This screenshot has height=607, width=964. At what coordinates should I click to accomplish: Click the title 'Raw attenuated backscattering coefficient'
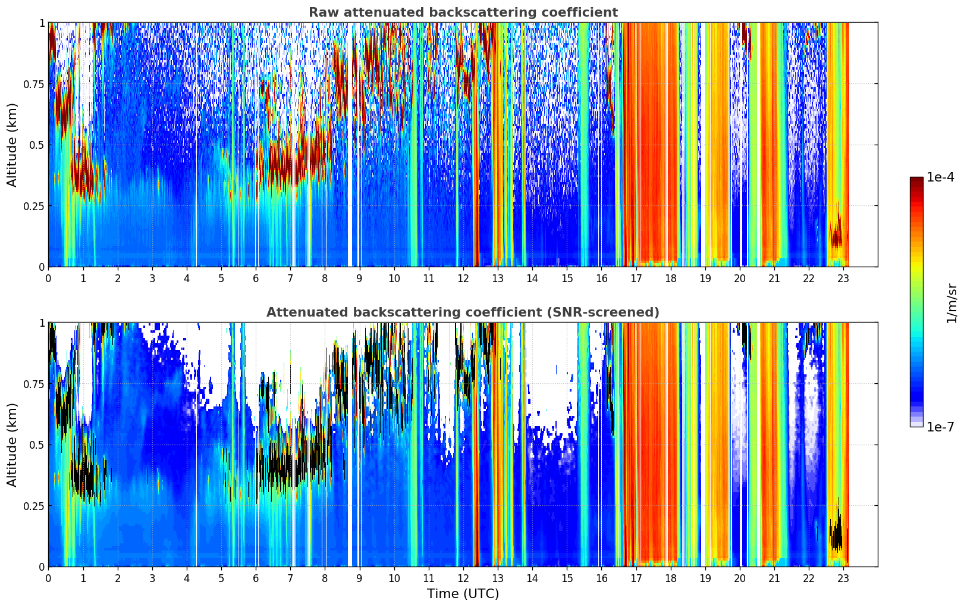pos(463,12)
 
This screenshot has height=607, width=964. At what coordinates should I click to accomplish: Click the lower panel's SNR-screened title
pos(463,312)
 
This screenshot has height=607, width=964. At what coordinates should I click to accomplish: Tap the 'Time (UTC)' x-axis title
pos(463,594)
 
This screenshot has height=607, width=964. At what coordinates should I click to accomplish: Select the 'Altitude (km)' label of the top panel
pos(12,145)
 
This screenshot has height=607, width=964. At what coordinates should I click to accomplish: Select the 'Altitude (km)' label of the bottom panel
pos(12,445)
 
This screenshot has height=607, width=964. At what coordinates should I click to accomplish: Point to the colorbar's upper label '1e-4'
pos(940,177)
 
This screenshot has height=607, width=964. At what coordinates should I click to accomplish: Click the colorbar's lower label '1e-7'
pos(940,427)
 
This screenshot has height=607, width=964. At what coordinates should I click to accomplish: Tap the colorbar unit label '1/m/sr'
pos(952,302)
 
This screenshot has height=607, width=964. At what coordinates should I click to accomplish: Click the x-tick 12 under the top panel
pos(463,279)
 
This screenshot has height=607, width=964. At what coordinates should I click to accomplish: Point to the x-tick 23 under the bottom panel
pos(843,578)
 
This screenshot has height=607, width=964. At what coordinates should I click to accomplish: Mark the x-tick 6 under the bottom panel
pos(256,578)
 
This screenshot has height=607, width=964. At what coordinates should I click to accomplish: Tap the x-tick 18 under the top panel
pos(670,279)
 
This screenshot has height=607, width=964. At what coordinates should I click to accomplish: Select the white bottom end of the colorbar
pos(916,425)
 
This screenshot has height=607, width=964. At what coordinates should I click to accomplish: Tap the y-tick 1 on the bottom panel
pos(42,323)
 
